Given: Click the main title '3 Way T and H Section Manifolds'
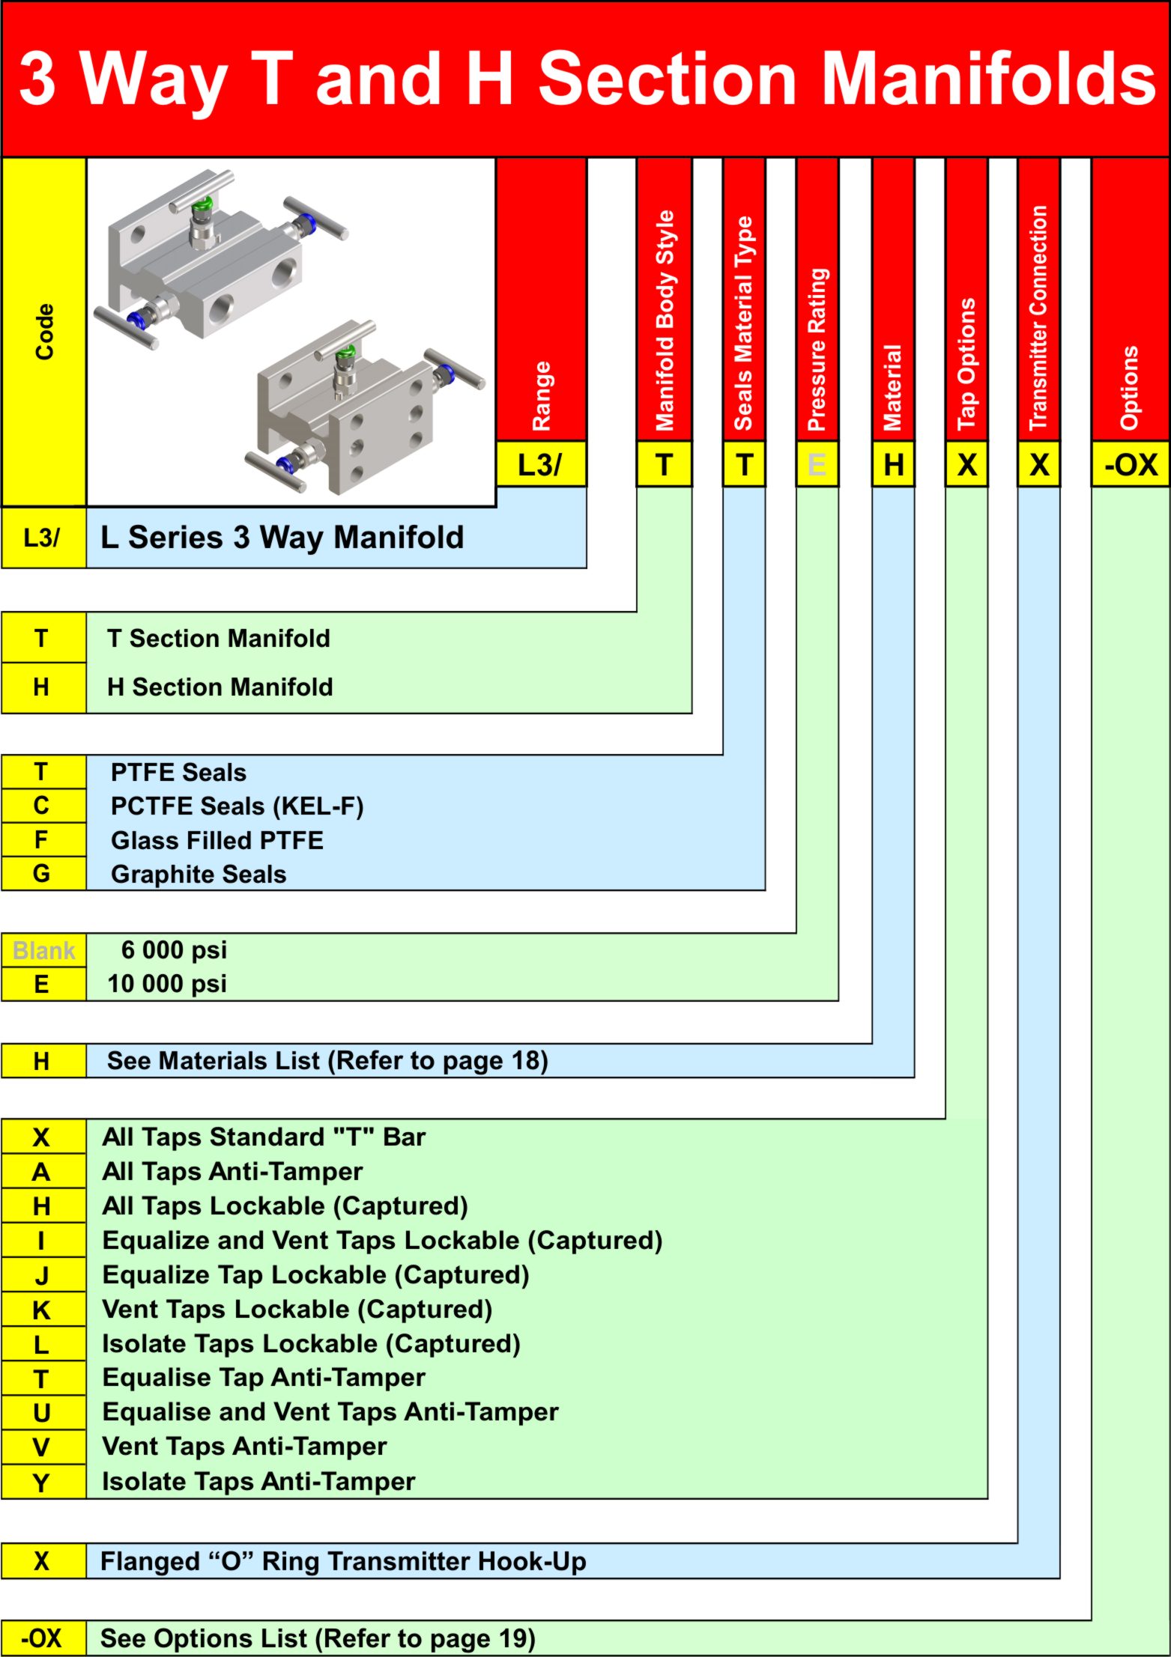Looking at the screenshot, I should pos(586,79).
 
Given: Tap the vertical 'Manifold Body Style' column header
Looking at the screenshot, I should pos(665,320).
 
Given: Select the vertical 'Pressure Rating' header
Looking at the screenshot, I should pos(817,348).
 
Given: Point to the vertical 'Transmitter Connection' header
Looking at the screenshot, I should pos(1038,317).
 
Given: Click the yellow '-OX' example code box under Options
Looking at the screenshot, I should pos(1131,465).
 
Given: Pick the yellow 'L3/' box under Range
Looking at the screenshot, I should pos(540,465).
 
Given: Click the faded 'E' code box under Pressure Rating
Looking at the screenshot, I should pos(817,465).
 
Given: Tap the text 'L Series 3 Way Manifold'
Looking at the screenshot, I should pos(282,538).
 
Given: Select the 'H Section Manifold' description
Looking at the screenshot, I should pos(220,687).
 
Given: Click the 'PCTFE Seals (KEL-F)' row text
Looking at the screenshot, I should pos(237,806).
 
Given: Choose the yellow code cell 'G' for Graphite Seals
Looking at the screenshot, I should pos(42,874).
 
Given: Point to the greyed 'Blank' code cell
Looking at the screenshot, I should pos(43,950).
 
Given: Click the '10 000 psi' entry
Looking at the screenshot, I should pos(167,984).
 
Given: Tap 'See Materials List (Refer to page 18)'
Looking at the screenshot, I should pos(327,1061).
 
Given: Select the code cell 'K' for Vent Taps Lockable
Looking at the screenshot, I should pos(42,1310).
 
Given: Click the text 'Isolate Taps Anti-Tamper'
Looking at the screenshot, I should pos(258,1481).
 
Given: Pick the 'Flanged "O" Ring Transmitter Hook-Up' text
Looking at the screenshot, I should pos(343,1561).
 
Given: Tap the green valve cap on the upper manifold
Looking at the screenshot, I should pos(202,204).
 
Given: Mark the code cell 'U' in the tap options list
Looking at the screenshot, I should pos(42,1413).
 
